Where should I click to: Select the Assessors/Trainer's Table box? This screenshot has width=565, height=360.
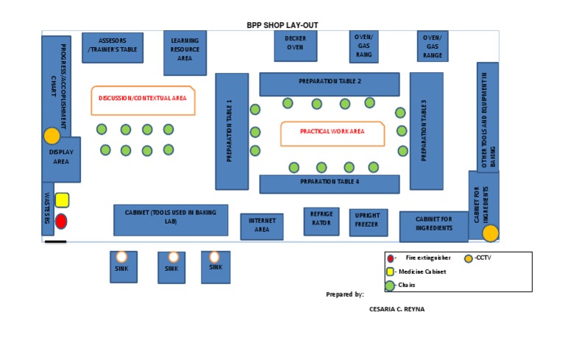pos(113,48)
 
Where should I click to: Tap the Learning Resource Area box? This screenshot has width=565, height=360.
pos(185,52)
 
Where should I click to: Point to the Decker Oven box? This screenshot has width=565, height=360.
pos(294,44)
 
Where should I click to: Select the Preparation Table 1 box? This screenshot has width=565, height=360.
pos(232,131)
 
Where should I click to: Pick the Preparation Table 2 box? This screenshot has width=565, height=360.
pos(329,83)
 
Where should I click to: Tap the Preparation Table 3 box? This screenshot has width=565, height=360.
pos(426,131)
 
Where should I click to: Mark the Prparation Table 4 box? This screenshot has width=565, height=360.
pos(329,183)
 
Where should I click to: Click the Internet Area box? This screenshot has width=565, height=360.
pos(262,226)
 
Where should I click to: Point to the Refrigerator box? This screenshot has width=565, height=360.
pos(321,220)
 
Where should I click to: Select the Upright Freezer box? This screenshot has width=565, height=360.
pos(368,222)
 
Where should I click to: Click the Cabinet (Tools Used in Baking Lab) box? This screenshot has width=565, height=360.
pos(171,219)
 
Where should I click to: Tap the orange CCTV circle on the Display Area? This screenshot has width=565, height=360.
pos(51,136)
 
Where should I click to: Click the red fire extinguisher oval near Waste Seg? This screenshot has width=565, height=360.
pos(62,221)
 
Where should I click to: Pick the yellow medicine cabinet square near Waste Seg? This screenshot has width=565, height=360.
pos(62,200)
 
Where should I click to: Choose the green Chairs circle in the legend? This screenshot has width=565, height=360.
pos(390,285)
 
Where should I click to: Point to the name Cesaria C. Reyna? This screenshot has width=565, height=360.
pos(397,309)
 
